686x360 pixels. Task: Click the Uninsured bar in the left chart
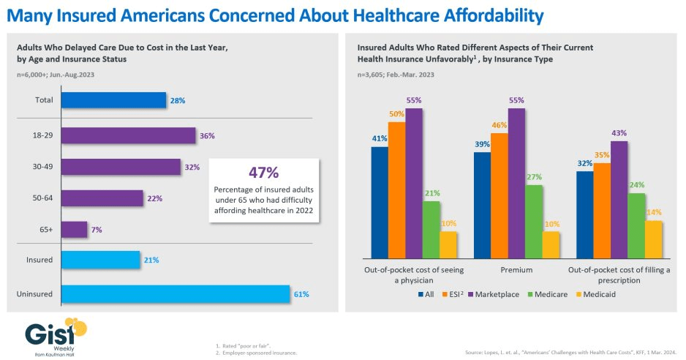(x=176, y=294)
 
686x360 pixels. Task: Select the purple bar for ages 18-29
(x=128, y=136)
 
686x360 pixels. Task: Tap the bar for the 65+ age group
(x=74, y=230)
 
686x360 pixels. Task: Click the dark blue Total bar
(x=113, y=100)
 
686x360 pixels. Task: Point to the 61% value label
(x=302, y=294)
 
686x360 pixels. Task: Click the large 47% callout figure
(x=263, y=173)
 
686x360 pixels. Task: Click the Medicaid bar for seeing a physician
(x=448, y=244)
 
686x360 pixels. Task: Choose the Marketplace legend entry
(x=497, y=295)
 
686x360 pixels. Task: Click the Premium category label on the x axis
(x=516, y=270)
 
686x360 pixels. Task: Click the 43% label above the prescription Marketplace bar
(x=619, y=132)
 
